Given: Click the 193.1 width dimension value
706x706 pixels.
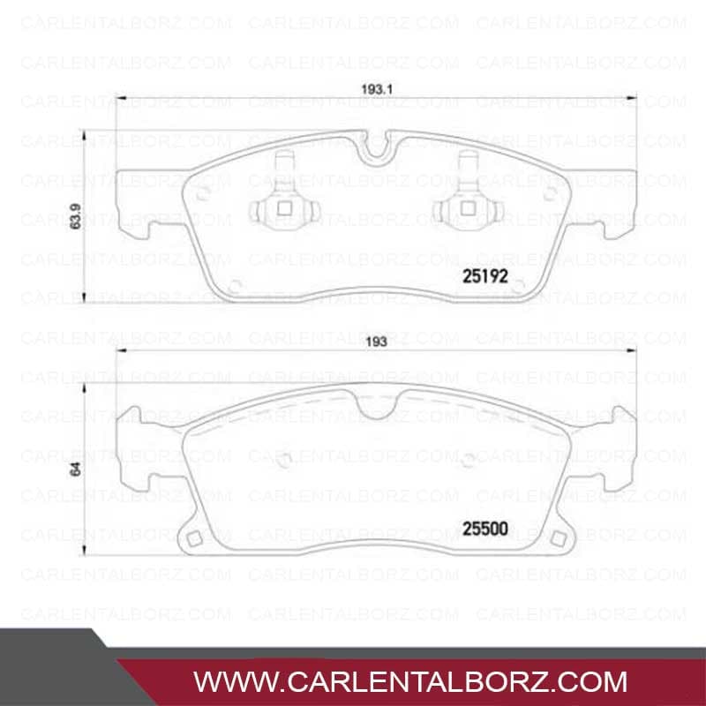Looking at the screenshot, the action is coord(377,89).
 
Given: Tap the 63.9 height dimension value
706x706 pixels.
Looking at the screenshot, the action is coord(76,216).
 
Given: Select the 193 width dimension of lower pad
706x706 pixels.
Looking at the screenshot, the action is coord(377,342).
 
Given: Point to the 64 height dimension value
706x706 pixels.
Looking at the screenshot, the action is coord(76,469).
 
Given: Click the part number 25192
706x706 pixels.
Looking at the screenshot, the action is coord(484,276).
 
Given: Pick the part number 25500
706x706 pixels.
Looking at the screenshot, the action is coord(484,529).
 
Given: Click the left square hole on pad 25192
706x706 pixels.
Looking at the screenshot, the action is coord(284,208).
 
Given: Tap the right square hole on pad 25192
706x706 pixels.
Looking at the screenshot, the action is coord(468,208).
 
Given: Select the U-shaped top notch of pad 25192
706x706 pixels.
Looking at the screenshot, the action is coord(377,148).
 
